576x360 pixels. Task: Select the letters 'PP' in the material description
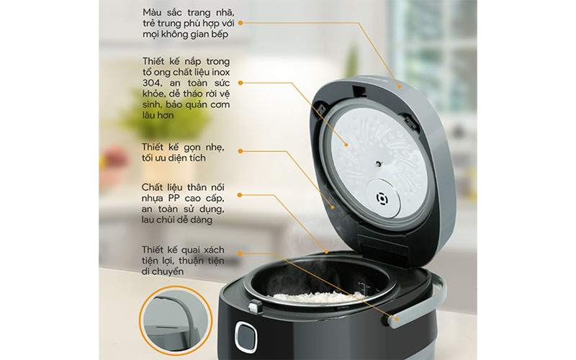(x=174, y=199)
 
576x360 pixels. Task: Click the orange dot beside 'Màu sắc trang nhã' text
(x=240, y=23)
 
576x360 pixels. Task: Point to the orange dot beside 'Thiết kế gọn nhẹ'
(x=240, y=151)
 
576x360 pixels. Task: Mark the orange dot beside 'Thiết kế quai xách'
(x=240, y=253)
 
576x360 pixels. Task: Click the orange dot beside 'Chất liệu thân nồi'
(x=240, y=194)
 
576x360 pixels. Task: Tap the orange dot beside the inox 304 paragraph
(x=240, y=83)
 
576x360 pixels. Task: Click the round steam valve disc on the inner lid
(x=383, y=199)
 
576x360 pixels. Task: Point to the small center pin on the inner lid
(x=378, y=163)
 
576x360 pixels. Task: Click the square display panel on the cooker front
(x=246, y=337)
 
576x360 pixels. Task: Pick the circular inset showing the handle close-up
(x=176, y=321)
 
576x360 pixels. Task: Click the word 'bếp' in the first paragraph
(x=220, y=35)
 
